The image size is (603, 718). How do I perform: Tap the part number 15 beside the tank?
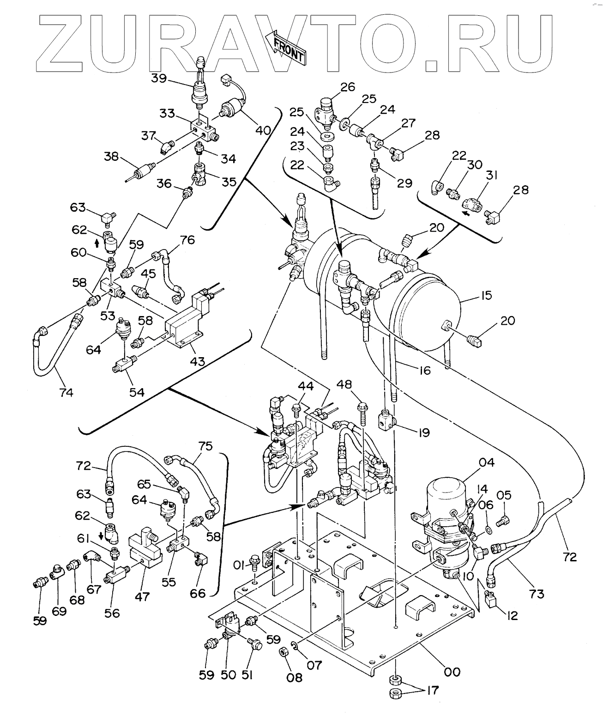point(486,295)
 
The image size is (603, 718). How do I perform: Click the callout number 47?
point(142,596)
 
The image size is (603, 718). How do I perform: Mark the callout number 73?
point(537,594)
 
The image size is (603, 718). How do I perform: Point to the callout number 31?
point(492,176)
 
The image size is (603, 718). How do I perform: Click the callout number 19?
point(424,432)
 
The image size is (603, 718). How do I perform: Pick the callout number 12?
point(512,615)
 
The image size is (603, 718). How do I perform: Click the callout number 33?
point(167,113)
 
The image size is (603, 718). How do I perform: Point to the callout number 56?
point(112,613)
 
